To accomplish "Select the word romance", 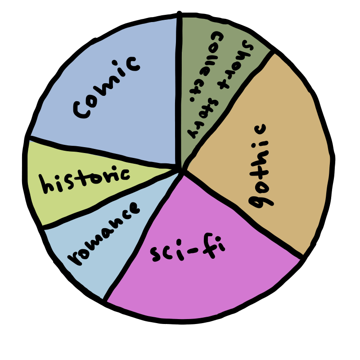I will point(103,234).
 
